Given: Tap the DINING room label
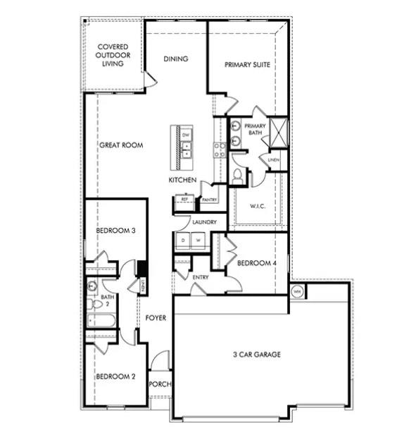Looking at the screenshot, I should (x=176, y=59).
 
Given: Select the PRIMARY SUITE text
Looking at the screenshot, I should (x=247, y=65).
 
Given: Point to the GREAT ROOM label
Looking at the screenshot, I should (x=121, y=145).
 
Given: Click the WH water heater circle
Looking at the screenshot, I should (x=296, y=291).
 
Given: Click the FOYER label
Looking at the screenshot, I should (x=156, y=318).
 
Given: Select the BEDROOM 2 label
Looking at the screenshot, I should (x=115, y=376).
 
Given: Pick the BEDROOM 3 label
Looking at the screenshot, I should (x=115, y=229).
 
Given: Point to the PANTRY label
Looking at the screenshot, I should (x=209, y=200).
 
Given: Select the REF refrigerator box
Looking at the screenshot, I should (x=185, y=200).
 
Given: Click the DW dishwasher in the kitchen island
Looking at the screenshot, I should (x=187, y=134).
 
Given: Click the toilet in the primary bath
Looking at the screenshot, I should (x=238, y=176).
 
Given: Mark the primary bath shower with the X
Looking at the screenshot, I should (x=280, y=131).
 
